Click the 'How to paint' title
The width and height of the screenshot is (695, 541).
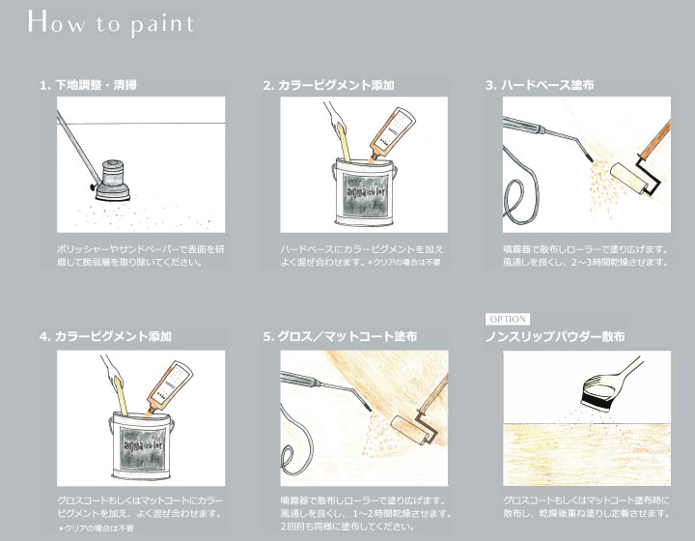pyautogui.click(x=111, y=22)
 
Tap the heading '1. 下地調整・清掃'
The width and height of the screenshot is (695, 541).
pyautogui.click(x=88, y=85)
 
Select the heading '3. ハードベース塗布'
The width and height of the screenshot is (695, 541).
pyautogui.click(x=540, y=85)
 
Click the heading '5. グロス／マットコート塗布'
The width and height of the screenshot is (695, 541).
pyautogui.click(x=340, y=336)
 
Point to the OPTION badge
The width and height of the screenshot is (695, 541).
pyautogui.click(x=508, y=319)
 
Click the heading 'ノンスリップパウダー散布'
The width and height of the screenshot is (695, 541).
pyautogui.click(x=555, y=336)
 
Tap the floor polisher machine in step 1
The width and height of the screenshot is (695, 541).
pyautogui.click(x=111, y=181)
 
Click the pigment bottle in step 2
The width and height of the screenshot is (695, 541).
pyautogui.click(x=392, y=134)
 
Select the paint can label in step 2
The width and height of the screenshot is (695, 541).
pyautogui.click(x=365, y=195)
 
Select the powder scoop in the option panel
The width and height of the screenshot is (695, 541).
pyautogui.click(x=608, y=384)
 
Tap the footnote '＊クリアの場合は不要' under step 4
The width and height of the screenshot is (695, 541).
pyautogui.click(x=96, y=528)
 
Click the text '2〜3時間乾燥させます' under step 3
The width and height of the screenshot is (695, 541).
pyautogui.click(x=619, y=262)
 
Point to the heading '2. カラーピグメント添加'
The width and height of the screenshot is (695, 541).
pyautogui.click(x=328, y=85)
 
